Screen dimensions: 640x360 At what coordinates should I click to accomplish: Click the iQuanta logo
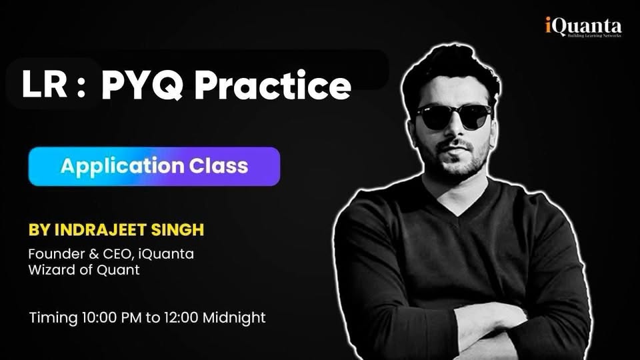coord(583,27)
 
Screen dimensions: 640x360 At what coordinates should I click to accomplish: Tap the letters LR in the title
coord(45,84)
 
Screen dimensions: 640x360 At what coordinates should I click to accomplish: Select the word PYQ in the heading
coord(141,85)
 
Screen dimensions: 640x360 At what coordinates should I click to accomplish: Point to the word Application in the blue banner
coord(123,167)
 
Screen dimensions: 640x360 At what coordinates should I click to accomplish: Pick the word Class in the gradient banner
coord(219,166)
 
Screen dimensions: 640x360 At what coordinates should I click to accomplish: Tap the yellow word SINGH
coord(177,230)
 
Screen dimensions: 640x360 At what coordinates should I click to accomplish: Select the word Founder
coord(55,254)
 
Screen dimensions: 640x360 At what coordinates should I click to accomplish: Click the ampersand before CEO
coord(93,254)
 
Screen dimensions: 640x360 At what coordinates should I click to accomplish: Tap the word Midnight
coord(234,317)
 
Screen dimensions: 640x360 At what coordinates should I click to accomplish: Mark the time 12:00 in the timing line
coord(181,317)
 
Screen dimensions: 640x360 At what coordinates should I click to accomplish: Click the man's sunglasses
coord(454,116)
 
